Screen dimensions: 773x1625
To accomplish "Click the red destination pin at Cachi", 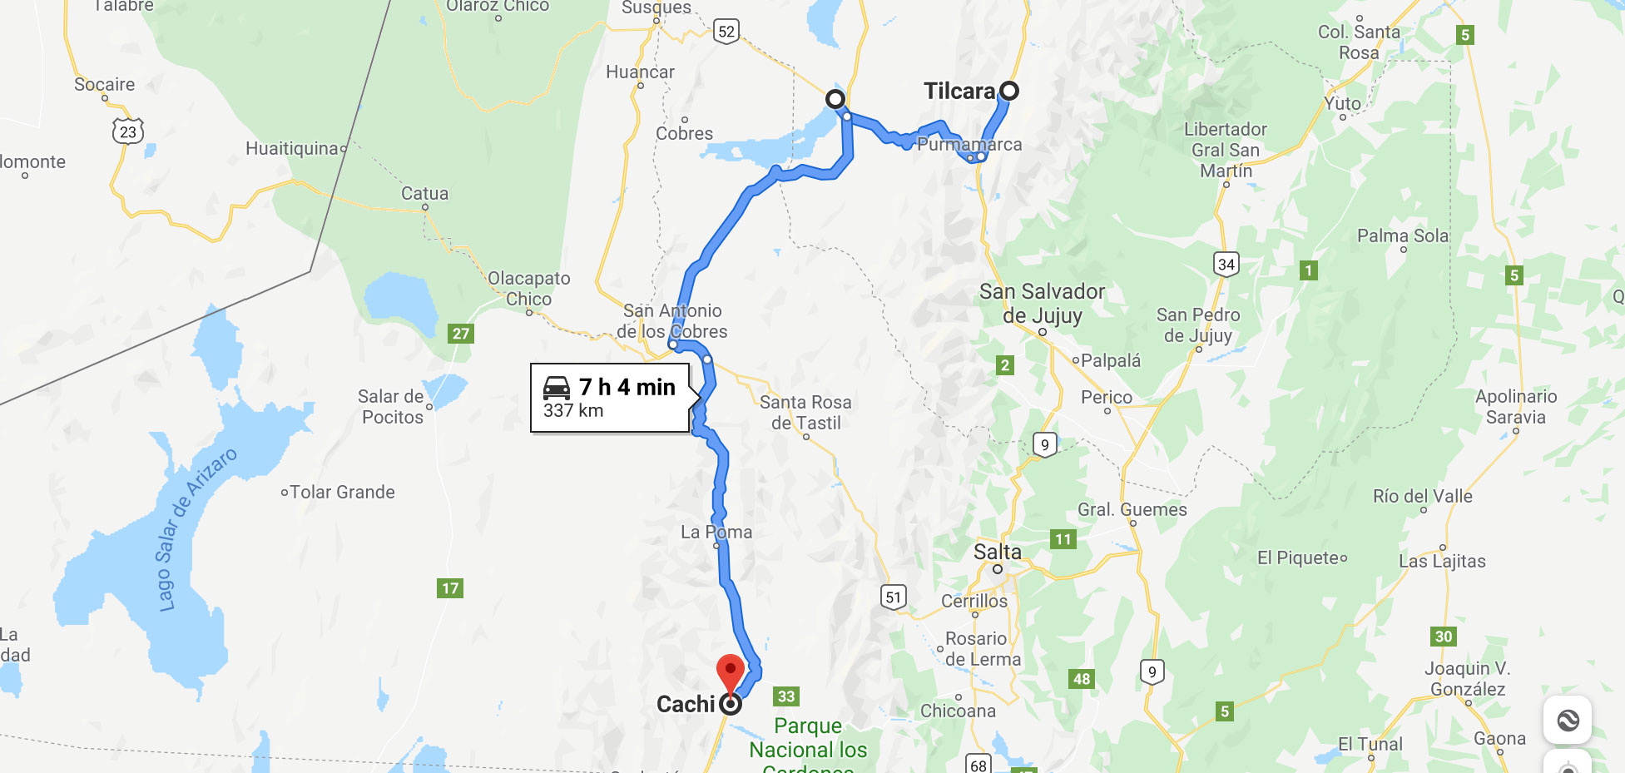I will [730, 671].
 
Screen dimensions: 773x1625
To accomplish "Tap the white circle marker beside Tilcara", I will [1008, 91].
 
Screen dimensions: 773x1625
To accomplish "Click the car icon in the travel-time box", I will [557, 388].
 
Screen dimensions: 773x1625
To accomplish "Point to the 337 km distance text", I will [573, 411].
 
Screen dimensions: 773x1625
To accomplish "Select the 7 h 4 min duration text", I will [627, 387].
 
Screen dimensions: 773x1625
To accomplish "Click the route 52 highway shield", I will [726, 32].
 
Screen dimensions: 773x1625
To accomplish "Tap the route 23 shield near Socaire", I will [127, 131].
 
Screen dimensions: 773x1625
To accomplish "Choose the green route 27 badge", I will [461, 334].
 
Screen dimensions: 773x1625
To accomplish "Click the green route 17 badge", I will [450, 588].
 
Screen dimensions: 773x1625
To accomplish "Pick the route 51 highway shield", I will [893, 597].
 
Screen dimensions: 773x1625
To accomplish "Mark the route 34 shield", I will [1226, 265].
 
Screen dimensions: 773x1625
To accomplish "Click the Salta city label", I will [997, 552].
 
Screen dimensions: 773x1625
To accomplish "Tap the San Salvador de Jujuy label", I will [1042, 304].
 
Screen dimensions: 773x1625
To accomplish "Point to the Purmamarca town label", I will [969, 144].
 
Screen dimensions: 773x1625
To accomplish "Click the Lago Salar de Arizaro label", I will [196, 529].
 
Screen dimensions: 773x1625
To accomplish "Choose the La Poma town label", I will [716, 532].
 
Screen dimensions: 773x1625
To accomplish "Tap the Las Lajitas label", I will [1442, 561].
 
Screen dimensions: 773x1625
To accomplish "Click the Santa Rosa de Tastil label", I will [805, 413].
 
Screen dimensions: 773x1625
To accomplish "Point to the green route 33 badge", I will [786, 696].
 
